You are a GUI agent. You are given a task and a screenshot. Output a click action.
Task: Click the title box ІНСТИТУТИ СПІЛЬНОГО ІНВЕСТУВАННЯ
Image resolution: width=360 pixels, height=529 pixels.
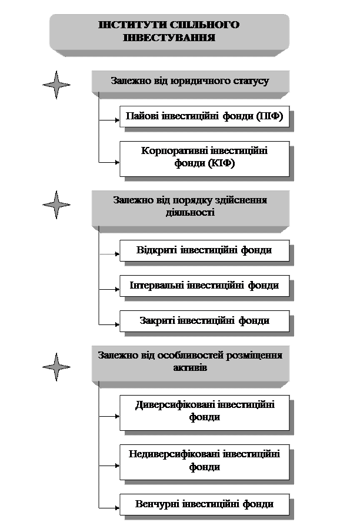169,32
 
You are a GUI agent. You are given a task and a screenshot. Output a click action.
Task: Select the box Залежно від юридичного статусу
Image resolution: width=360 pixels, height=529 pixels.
190,81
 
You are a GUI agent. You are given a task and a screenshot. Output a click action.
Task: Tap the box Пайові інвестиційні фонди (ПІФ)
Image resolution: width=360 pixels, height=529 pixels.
204,116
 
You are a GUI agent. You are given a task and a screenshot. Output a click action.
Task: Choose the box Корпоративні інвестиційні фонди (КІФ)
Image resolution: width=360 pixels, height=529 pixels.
204,158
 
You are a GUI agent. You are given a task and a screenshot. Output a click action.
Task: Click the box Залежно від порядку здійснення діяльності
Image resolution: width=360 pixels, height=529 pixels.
190,206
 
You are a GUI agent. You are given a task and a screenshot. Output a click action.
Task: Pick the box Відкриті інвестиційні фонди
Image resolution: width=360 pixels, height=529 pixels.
204,250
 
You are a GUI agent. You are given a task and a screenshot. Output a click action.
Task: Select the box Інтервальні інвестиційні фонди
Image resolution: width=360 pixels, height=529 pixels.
204,286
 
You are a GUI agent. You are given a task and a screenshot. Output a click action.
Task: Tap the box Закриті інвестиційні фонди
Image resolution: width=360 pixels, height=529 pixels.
204,321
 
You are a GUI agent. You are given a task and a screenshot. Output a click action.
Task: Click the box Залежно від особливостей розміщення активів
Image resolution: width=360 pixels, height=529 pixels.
190,361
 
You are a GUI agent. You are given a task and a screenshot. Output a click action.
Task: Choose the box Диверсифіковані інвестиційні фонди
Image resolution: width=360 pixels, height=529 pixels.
204,411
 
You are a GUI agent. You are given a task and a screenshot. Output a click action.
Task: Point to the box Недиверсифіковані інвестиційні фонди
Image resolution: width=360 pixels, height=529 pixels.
204,461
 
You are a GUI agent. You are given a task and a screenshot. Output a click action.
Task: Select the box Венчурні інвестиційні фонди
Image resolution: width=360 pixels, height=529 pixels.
204,504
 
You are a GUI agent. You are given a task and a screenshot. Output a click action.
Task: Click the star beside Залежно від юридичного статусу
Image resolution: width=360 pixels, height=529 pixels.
56,85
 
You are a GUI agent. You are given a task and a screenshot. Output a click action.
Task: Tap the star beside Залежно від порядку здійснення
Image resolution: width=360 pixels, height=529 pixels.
56,205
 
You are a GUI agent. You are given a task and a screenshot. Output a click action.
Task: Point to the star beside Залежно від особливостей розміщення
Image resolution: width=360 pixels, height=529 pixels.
56,367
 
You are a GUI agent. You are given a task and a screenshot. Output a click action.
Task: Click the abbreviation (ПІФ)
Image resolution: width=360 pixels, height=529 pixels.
270,116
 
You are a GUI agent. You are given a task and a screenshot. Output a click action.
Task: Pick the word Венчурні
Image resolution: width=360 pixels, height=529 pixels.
157,504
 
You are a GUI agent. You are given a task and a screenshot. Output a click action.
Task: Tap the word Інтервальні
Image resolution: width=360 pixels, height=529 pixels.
156,286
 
